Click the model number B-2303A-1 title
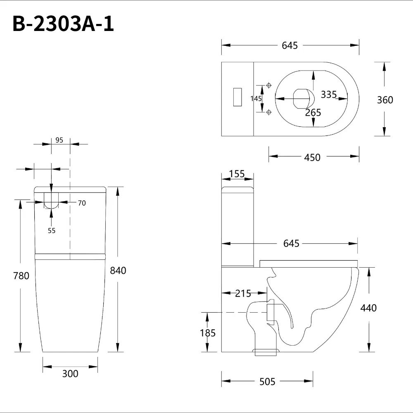(x=63, y=24)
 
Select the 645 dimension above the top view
(x=290, y=45)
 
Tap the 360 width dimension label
(x=385, y=100)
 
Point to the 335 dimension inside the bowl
(x=329, y=95)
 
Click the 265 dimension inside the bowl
(x=313, y=112)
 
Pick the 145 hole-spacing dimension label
(x=256, y=98)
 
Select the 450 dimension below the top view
(x=312, y=157)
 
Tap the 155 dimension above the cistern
(x=237, y=174)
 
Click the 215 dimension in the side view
(x=243, y=294)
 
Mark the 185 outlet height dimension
(x=207, y=332)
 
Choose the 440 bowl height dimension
(x=368, y=308)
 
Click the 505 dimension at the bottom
(x=267, y=382)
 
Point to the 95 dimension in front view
(x=59, y=140)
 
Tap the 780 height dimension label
(x=21, y=275)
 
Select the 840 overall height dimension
(x=118, y=271)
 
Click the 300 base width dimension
(x=70, y=374)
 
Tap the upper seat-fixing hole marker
(x=269, y=85)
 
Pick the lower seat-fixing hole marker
(x=269, y=112)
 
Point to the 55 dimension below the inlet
(x=51, y=230)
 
